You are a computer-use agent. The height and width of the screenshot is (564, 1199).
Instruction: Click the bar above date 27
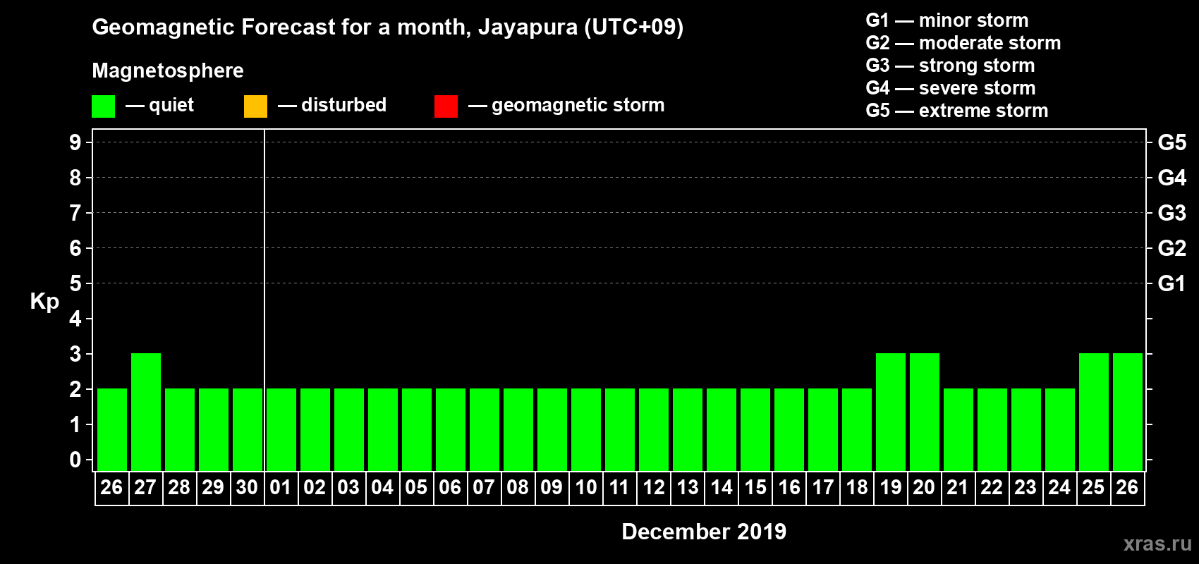[x=146, y=412]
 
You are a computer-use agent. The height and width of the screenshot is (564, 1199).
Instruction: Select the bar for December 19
[x=891, y=412]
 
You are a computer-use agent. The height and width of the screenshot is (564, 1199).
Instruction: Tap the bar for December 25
[x=1094, y=412]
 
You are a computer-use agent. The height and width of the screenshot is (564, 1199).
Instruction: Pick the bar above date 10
[x=586, y=429]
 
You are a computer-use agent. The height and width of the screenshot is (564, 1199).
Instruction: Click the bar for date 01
[x=281, y=429]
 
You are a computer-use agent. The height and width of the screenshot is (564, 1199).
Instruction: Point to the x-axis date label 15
[x=755, y=487]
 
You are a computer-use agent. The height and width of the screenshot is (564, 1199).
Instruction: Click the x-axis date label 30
[x=247, y=487]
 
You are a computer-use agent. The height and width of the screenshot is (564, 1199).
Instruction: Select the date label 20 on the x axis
[x=924, y=487]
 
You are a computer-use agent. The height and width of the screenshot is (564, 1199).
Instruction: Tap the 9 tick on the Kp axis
[x=75, y=142]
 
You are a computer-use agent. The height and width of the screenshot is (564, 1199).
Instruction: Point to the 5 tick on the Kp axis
[x=75, y=283]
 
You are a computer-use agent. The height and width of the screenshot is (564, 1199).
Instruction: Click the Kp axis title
[x=44, y=302]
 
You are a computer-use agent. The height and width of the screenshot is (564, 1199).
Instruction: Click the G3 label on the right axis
[x=1171, y=213]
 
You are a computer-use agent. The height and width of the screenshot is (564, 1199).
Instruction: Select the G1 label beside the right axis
[x=1171, y=283]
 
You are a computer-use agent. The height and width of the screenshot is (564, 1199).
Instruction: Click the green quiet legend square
[x=103, y=106]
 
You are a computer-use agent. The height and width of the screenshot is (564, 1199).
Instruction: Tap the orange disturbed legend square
[x=255, y=106]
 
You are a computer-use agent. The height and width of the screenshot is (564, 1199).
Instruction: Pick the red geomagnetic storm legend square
[x=446, y=106]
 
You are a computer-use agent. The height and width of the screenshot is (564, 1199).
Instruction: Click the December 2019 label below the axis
[x=704, y=532]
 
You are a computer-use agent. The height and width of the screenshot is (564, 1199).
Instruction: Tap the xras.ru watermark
[x=1157, y=544]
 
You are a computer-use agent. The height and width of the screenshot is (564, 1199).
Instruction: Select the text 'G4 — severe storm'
[x=950, y=88]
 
